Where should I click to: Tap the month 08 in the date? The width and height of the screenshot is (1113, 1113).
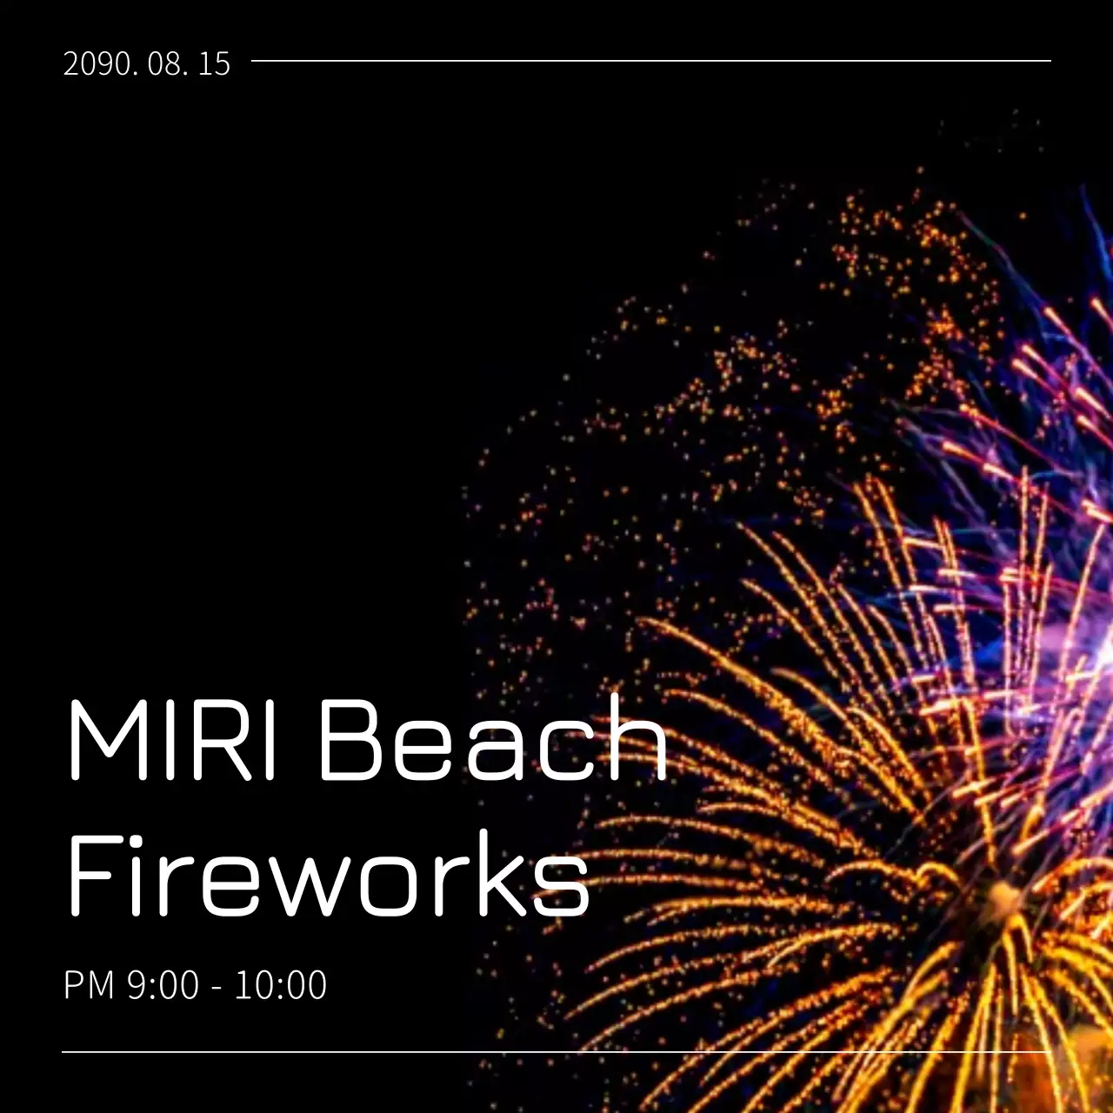tap(166, 63)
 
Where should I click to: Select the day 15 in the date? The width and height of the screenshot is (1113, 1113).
tap(214, 63)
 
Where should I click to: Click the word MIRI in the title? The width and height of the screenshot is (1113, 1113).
tap(172, 739)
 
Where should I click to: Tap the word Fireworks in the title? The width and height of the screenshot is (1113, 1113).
tap(329, 874)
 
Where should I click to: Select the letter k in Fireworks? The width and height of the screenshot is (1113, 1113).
tap(496, 874)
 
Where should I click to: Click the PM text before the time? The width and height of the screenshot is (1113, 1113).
tap(89, 985)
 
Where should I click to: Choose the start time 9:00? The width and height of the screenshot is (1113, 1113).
tap(163, 985)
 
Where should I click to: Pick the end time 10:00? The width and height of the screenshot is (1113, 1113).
tap(281, 985)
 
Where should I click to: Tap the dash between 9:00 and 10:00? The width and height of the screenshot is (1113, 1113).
tap(217, 987)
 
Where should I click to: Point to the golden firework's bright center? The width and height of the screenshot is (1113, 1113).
tap(1004, 896)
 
